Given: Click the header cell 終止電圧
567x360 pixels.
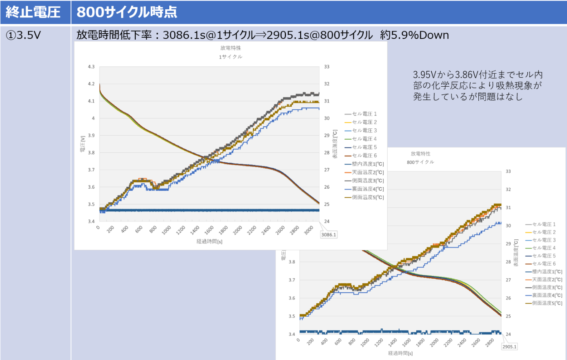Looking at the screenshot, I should pyautogui.click(x=33, y=12).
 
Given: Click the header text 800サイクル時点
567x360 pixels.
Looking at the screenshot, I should pyautogui.click(x=127, y=12).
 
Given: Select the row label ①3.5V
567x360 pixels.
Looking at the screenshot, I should pyautogui.click(x=23, y=35).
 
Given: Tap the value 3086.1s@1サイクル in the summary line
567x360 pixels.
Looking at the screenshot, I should pyautogui.click(x=209, y=35).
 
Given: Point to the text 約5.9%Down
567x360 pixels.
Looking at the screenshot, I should pyautogui.click(x=414, y=35).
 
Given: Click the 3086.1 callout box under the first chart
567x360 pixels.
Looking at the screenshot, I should pyautogui.click(x=328, y=234).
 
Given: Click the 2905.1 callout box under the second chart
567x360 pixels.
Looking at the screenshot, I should pyautogui.click(x=509, y=347).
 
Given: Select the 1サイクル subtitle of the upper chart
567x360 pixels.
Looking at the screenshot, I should pyautogui.click(x=230, y=57).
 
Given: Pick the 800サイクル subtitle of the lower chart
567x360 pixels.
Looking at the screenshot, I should pyautogui.click(x=420, y=162).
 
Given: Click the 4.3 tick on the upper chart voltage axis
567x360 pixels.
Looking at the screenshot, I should pyautogui.click(x=91, y=67).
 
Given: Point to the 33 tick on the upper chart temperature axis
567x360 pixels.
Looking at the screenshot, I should pyautogui.click(x=326, y=67).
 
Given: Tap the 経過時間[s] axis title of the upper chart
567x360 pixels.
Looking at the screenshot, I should pyautogui.click(x=209, y=241).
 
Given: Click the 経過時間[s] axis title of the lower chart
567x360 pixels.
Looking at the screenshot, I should pyautogui.click(x=400, y=353).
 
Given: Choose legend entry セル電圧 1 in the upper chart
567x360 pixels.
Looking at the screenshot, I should pyautogui.click(x=364, y=114).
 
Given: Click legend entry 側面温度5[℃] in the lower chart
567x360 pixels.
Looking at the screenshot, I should pyautogui.click(x=547, y=303).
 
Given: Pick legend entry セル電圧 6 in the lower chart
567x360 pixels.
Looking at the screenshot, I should pyautogui.click(x=544, y=264).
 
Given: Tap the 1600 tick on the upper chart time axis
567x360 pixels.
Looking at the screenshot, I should pyautogui.click(x=209, y=230).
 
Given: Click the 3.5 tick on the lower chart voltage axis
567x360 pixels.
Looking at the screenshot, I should pyautogui.click(x=292, y=316).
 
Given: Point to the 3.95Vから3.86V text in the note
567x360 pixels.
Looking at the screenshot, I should pyautogui.click(x=446, y=75).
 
